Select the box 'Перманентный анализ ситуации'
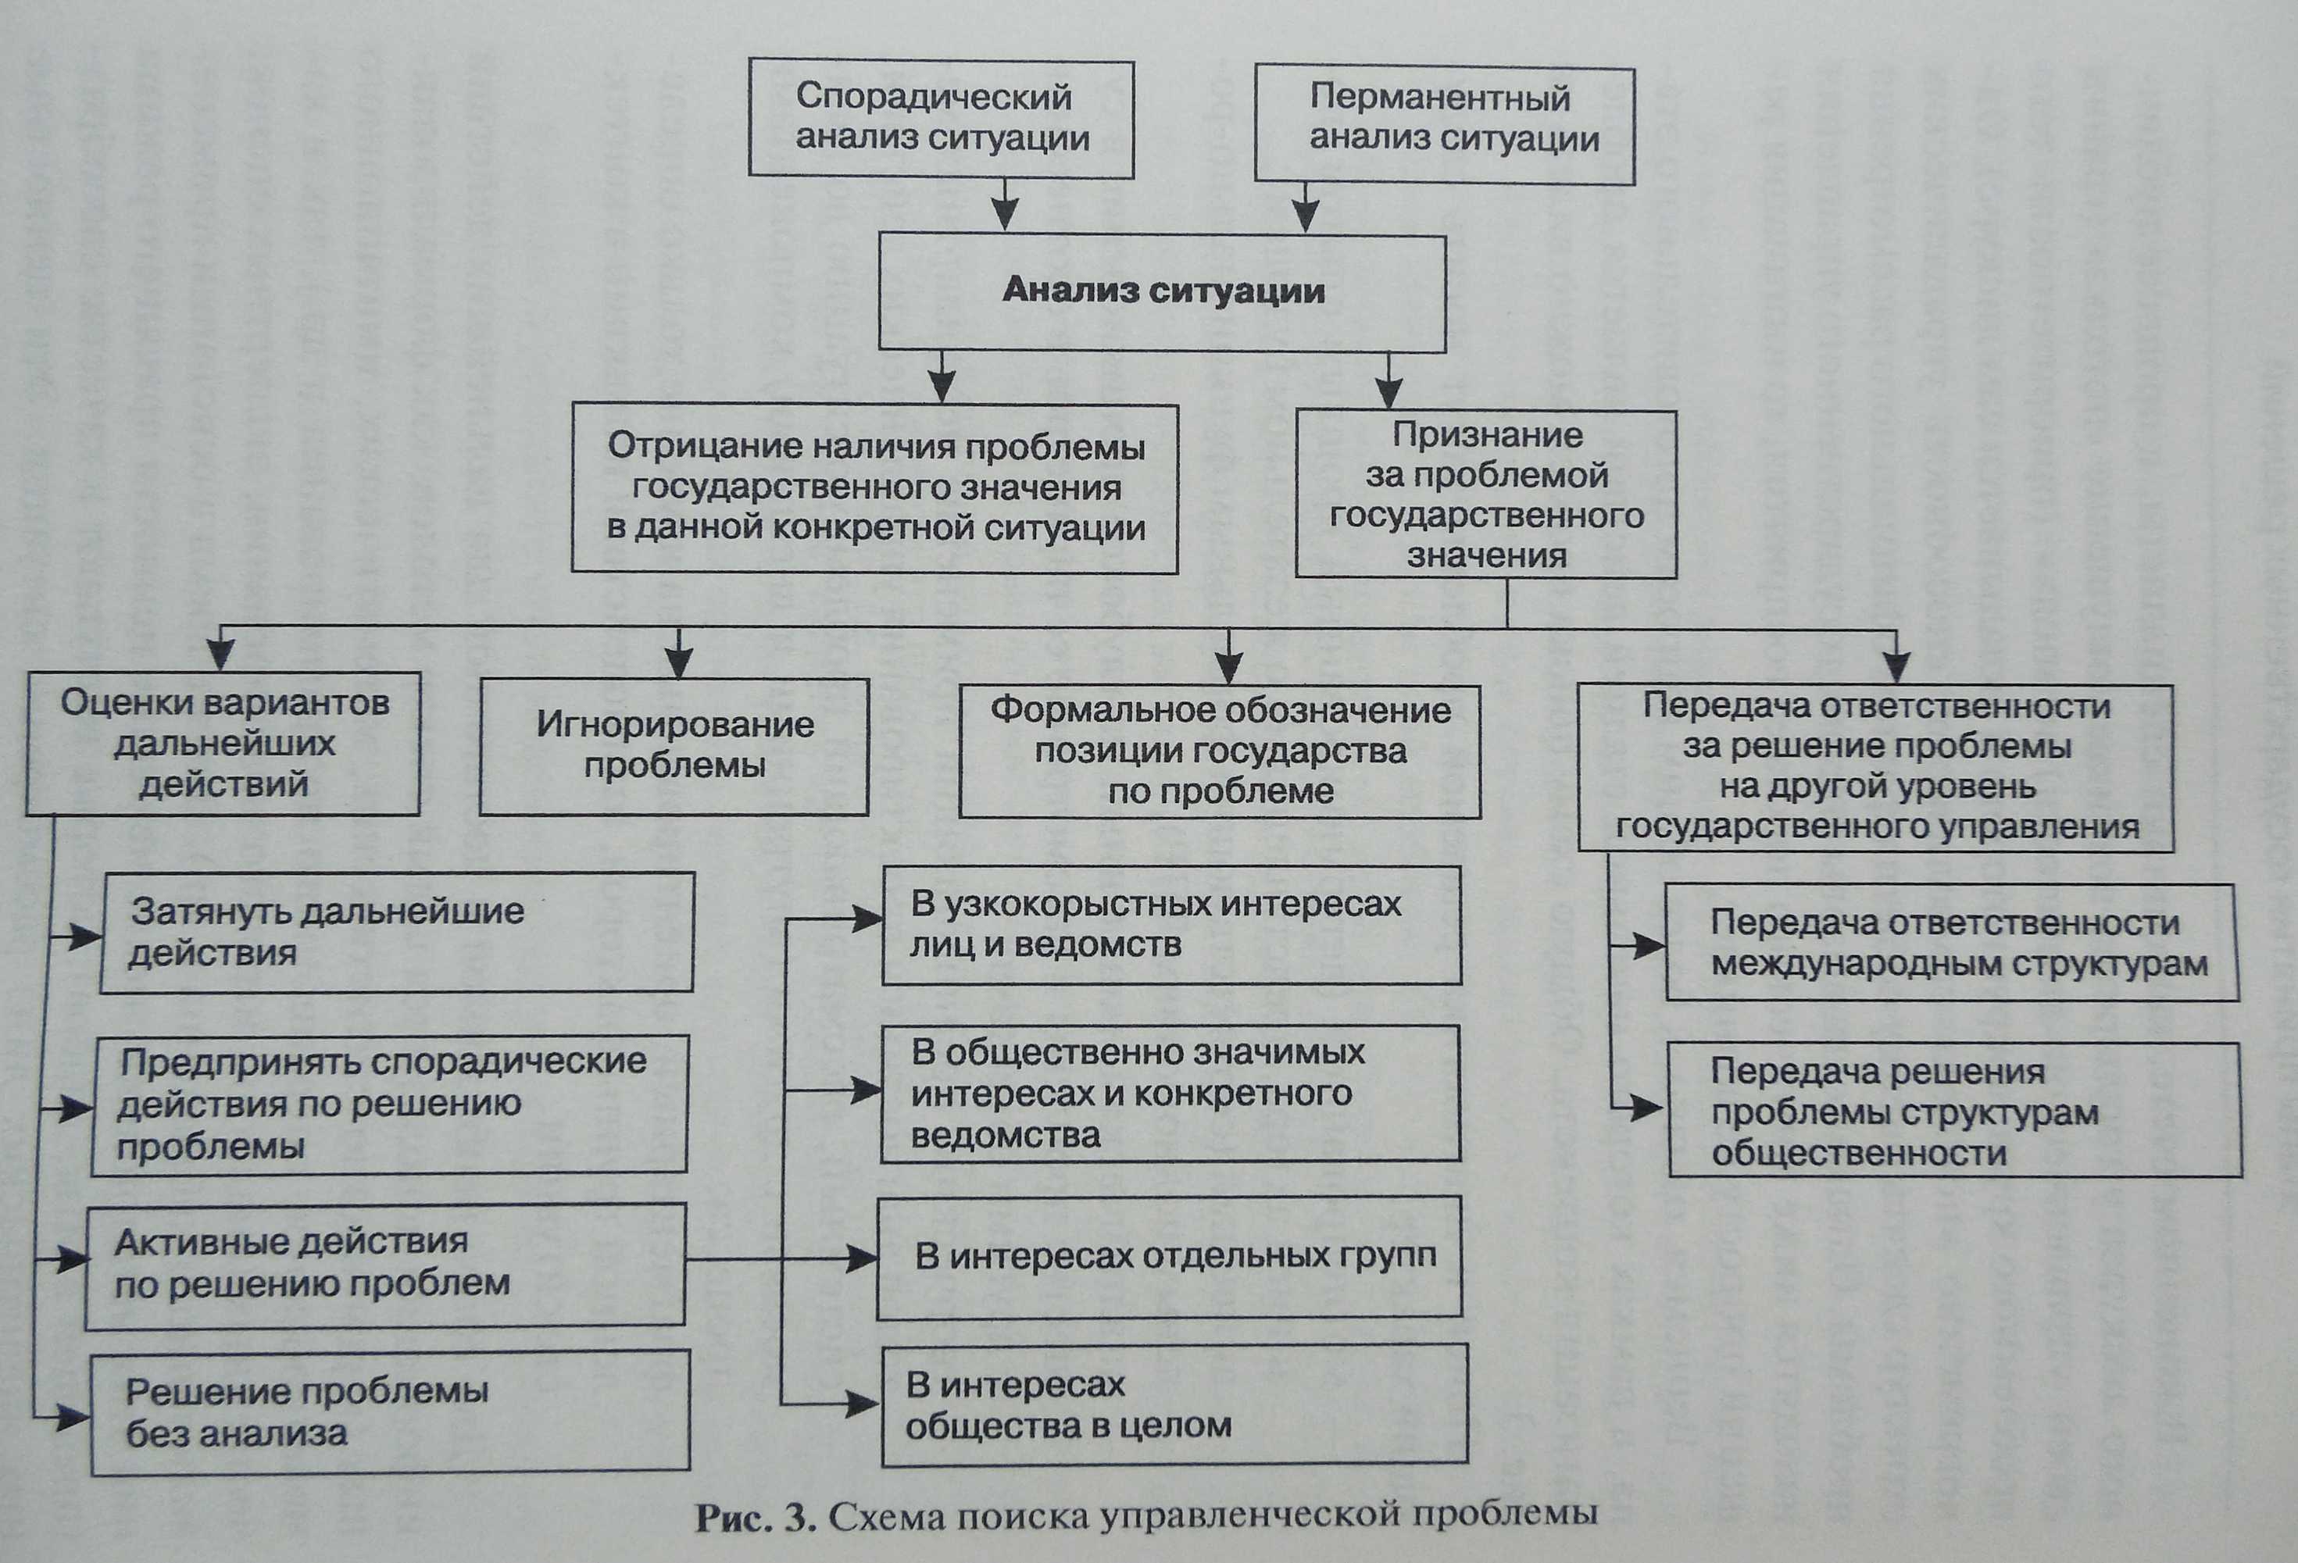pyautogui.click(x=1444, y=126)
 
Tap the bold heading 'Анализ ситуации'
pyautogui.click(x=1163, y=291)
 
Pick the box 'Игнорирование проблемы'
pyautogui.click(x=674, y=745)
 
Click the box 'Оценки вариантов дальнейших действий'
pyautogui.click(x=223, y=744)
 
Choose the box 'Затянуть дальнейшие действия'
pyautogui.click(x=396, y=933)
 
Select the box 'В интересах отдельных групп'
pyautogui.click(x=1169, y=1257)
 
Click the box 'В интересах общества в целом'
pyautogui.click(x=1174, y=1404)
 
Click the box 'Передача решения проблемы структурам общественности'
pyautogui.click(x=1954, y=1110)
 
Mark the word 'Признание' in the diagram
pyautogui.click(x=1487, y=435)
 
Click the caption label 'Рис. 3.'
pyautogui.click(x=756, y=1518)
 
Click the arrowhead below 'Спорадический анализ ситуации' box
pyautogui.click(x=1005, y=212)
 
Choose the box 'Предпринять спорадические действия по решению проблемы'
pyautogui.click(x=390, y=1104)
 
